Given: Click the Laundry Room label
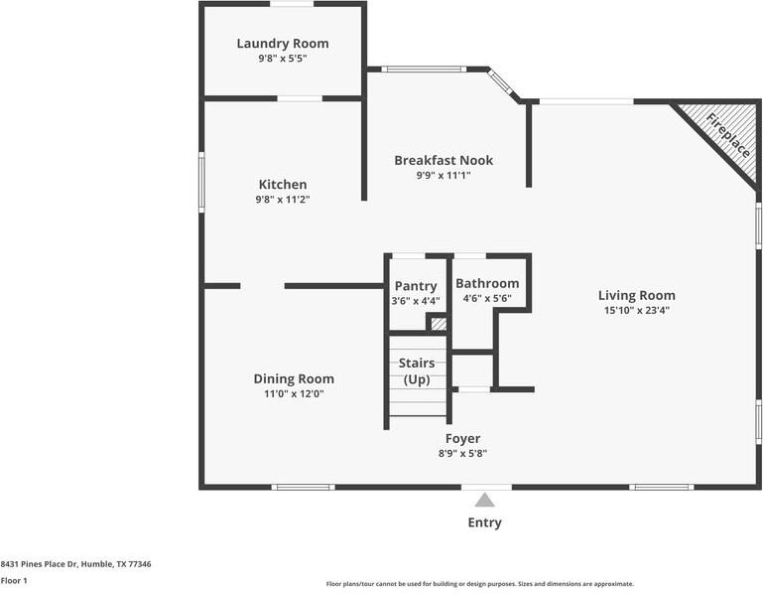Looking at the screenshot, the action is [x=283, y=44].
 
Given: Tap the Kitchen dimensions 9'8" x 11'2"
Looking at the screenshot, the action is [x=283, y=200].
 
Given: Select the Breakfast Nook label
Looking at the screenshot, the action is [x=444, y=160].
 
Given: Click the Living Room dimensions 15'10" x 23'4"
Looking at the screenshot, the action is [x=637, y=310].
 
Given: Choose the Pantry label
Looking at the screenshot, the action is [x=416, y=286].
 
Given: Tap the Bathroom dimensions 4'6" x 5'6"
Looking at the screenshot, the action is [x=487, y=298].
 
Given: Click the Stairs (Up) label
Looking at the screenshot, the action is [x=417, y=371].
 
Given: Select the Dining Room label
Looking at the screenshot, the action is [x=294, y=378].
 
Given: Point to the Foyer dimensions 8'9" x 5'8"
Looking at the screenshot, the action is [x=462, y=454].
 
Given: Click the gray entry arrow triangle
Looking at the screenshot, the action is [x=484, y=501].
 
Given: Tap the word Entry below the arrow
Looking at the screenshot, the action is [x=484, y=522].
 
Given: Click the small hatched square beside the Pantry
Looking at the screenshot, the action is [x=439, y=324].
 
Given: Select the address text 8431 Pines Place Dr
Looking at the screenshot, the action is [x=39, y=564].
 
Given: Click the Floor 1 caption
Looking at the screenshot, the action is [x=14, y=581].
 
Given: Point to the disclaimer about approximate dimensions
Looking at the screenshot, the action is [x=480, y=584].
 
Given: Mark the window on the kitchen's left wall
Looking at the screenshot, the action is [x=201, y=182].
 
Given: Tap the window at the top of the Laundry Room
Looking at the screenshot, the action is [x=292, y=4].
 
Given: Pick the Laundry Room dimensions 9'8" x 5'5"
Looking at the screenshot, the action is [x=283, y=59].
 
